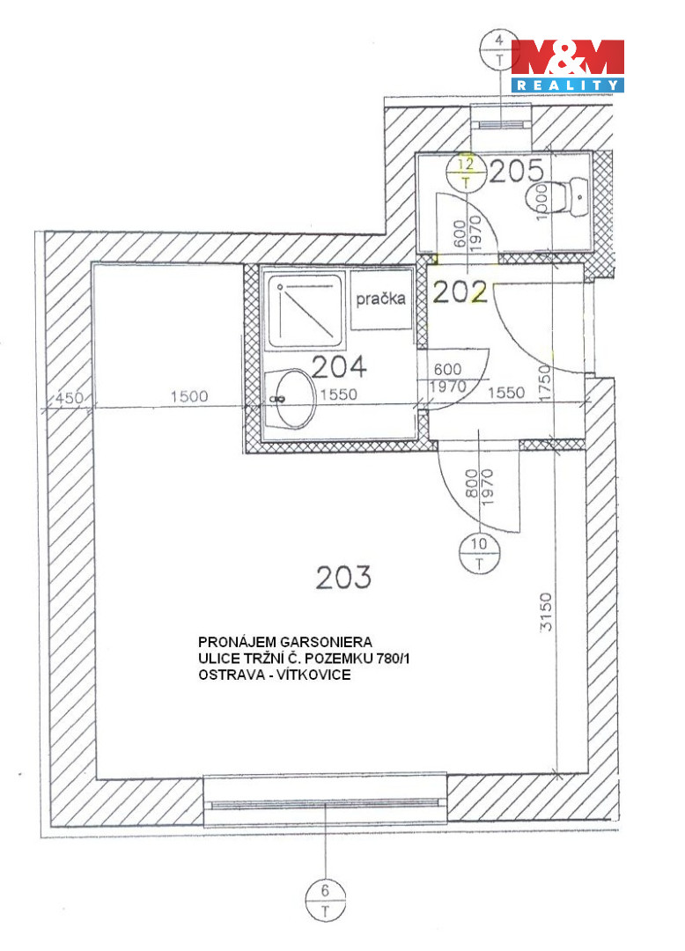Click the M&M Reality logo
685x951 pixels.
[567, 65]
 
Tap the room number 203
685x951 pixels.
[343, 577]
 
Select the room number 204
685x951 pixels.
[340, 366]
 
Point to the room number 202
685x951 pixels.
[460, 292]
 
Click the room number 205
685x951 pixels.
[517, 172]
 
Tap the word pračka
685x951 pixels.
[380, 299]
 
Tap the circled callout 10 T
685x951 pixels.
[479, 553]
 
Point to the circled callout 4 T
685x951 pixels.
[499, 49]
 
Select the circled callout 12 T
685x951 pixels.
[466, 172]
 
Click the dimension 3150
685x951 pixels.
[546, 611]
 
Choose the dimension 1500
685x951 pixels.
[189, 396]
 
